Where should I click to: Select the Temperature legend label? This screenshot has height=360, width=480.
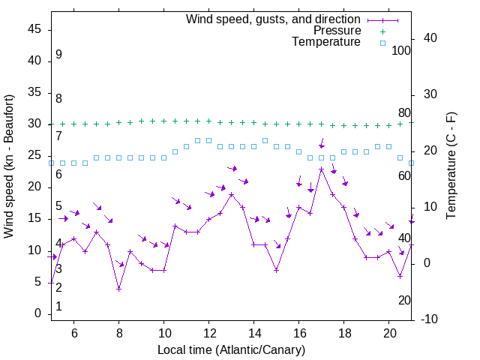coord(326,43)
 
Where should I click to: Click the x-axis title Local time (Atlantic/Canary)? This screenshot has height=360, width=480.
coord(231,350)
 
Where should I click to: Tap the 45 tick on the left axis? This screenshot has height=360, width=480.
coord(34,29)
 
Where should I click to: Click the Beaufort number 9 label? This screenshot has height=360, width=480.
coord(58,55)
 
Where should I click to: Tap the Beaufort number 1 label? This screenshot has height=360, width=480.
coord(58,307)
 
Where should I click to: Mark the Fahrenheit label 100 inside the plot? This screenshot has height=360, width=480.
coord(401,51)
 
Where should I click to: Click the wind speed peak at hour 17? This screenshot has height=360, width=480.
coord(321,169)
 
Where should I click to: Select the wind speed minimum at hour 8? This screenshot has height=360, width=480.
coord(118,289)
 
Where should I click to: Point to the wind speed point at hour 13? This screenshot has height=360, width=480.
coord(231,194)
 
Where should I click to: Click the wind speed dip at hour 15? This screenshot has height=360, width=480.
coord(276,270)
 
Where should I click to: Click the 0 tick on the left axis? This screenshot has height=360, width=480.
coord(37,313)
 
